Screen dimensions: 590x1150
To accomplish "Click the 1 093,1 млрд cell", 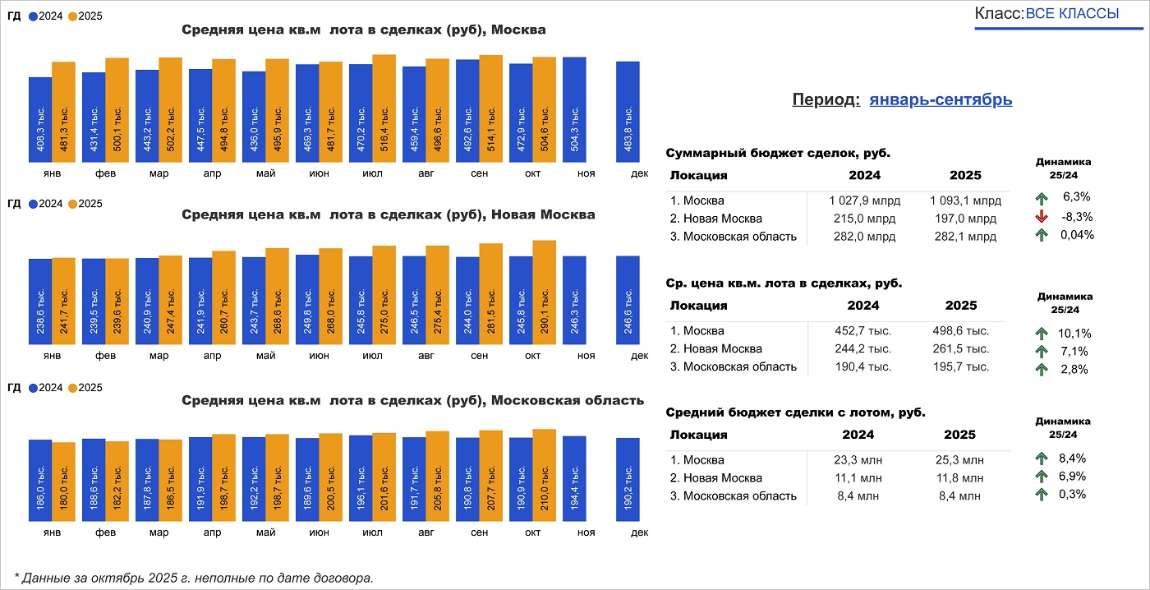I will point(965,201).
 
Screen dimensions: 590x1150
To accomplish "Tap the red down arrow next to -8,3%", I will point(1042,217).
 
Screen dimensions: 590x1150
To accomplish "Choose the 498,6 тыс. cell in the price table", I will point(961,330).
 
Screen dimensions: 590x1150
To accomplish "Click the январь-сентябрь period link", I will point(941,99).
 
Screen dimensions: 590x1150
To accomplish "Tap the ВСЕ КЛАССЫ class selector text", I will point(1072,14).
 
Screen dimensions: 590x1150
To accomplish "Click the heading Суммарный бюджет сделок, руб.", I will point(778,153).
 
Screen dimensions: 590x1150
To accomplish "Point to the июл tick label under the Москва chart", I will point(372,174).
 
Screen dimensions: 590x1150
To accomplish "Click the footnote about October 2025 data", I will point(194,577).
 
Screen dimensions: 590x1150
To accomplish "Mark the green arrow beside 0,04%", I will point(1042,235).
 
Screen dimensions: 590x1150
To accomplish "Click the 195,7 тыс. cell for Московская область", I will point(961,366).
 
